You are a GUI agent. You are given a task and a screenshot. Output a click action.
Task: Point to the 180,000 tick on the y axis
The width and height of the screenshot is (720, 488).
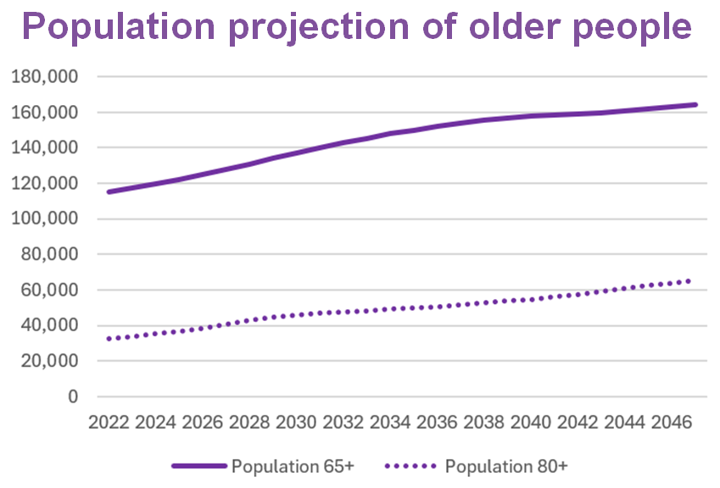tap(46, 77)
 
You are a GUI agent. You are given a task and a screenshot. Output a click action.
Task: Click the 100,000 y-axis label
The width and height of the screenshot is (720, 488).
tap(46, 219)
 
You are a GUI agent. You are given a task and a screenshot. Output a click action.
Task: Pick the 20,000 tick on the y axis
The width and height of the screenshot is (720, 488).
tap(50, 361)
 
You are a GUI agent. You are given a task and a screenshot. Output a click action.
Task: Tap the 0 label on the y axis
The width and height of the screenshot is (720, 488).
tap(74, 396)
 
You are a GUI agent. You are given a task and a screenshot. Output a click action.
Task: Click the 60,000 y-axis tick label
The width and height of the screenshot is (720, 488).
tap(50, 290)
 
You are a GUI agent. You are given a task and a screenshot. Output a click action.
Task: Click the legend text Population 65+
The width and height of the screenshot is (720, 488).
tap(293, 466)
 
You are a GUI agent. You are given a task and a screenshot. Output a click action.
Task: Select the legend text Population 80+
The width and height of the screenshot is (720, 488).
tap(505, 466)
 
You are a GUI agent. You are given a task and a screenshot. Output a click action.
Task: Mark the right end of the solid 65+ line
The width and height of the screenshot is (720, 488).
tap(696, 105)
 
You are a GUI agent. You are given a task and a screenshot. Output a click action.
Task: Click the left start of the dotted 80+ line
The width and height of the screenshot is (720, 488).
tap(109, 339)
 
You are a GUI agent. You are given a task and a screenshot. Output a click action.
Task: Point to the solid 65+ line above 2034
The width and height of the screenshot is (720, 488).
tap(391, 133)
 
